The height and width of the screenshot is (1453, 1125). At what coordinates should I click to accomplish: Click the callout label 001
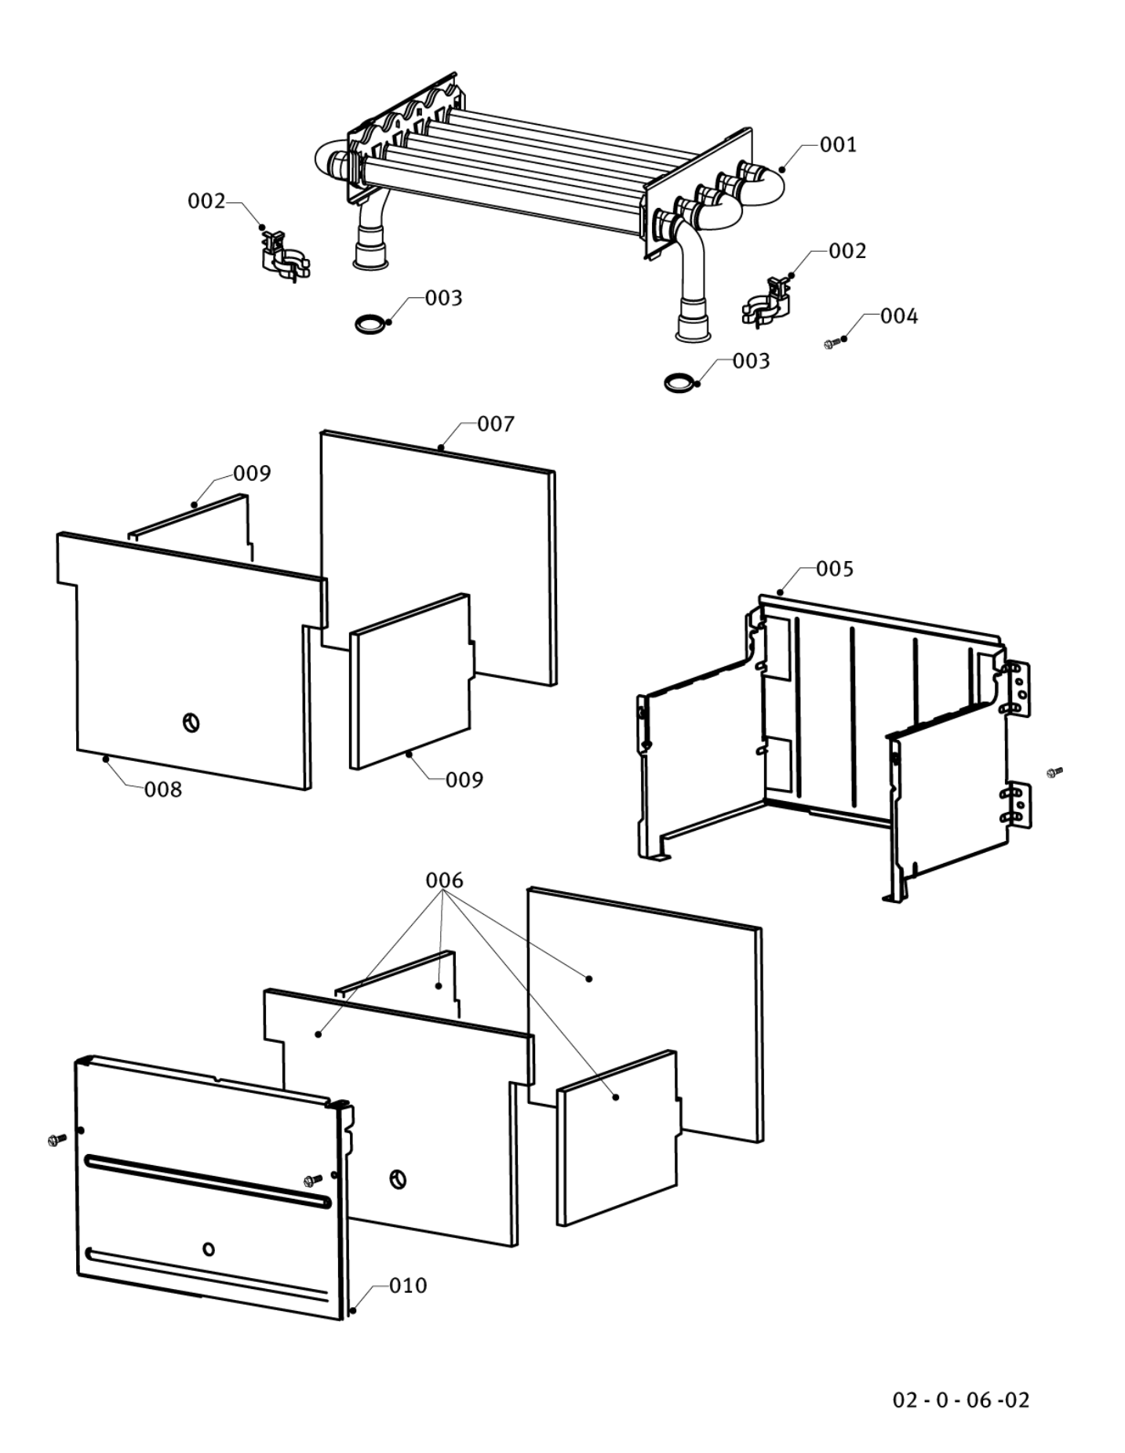click(838, 144)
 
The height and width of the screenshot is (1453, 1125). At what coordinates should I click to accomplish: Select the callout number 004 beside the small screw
click(898, 316)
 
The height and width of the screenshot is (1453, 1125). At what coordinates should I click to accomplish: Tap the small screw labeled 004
click(831, 344)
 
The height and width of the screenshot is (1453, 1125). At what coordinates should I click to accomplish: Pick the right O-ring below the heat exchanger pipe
click(678, 383)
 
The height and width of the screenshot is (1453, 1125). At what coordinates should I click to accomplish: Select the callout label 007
click(496, 424)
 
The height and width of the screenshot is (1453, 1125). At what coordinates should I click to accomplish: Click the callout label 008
click(163, 790)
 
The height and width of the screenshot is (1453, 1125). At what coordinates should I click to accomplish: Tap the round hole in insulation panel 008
click(191, 723)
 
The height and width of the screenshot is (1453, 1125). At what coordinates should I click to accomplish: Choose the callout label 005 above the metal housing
click(834, 569)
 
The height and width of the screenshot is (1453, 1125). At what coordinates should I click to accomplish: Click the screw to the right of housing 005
click(1054, 773)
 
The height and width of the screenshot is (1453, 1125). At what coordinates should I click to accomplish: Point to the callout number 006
click(444, 880)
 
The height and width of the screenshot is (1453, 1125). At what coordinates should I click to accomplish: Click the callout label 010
click(408, 1285)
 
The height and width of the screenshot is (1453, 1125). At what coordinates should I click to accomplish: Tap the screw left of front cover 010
click(56, 1139)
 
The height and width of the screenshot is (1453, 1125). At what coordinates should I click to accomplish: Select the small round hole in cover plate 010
click(209, 1249)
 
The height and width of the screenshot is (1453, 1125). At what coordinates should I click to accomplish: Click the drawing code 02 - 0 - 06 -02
click(961, 1400)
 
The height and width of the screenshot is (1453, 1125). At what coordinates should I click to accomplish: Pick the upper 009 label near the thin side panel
click(252, 474)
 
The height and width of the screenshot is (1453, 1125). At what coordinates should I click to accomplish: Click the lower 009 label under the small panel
click(464, 780)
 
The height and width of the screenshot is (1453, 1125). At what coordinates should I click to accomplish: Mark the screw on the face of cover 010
click(313, 1180)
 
